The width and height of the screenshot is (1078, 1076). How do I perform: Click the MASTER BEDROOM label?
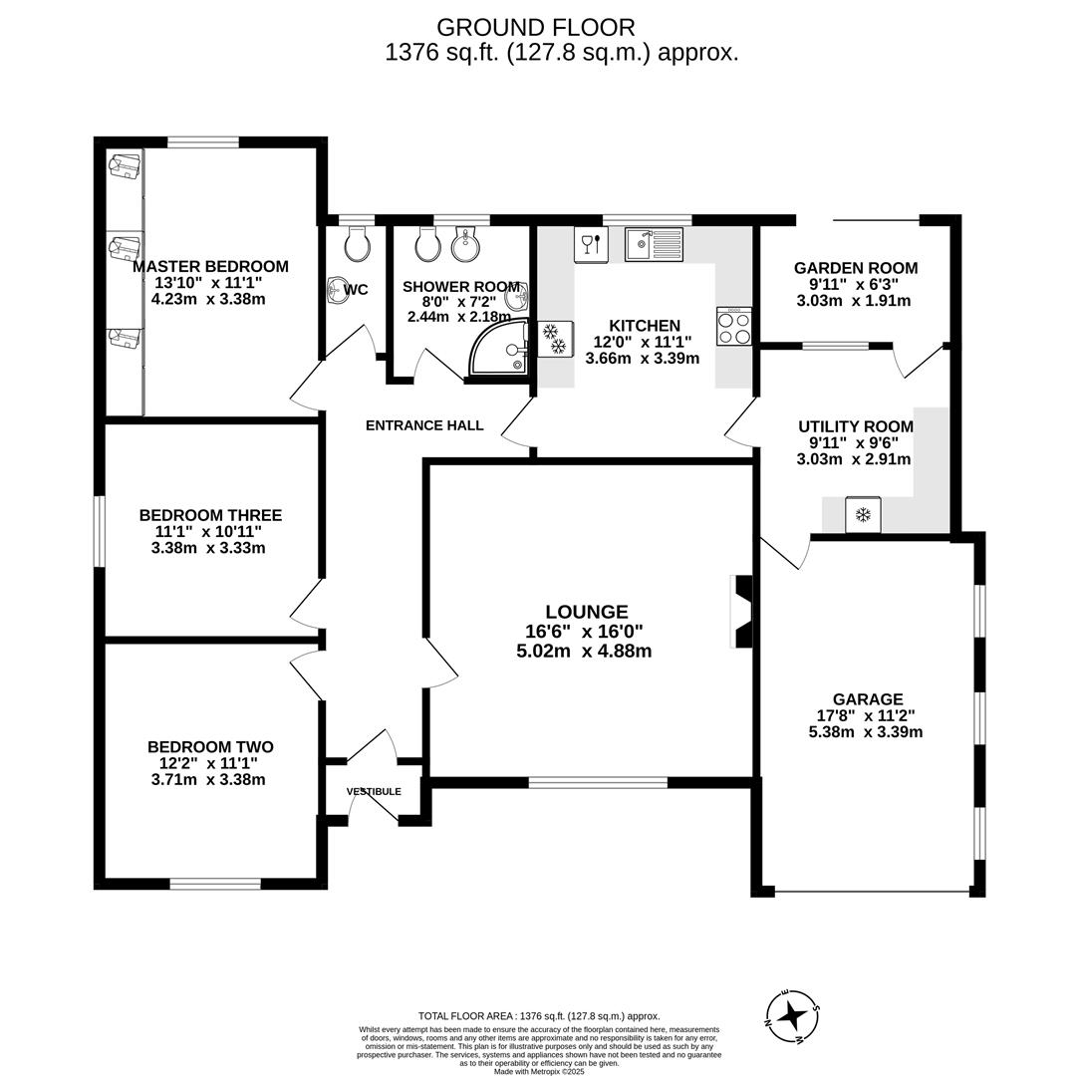[x=210, y=266]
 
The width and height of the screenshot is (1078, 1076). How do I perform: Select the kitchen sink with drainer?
[x=654, y=244]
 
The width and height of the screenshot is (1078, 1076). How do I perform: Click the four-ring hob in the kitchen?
[x=733, y=327]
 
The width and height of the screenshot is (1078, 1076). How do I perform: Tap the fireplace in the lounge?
[x=741, y=612]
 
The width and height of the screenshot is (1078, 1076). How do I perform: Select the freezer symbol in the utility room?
[x=863, y=514]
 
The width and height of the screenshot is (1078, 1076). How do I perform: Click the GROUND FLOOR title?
[x=535, y=27]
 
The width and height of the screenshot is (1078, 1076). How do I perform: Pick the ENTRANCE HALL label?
[x=424, y=425]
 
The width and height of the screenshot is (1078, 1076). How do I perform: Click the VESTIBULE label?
[x=374, y=792]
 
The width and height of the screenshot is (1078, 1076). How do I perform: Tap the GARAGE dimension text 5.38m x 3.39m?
[x=865, y=731]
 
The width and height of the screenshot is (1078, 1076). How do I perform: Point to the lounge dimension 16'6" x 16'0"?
[x=584, y=631]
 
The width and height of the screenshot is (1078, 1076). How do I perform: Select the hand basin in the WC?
[x=336, y=290]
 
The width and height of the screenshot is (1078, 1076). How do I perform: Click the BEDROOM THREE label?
[x=210, y=515]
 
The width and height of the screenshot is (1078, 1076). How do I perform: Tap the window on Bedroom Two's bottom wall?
[x=215, y=883]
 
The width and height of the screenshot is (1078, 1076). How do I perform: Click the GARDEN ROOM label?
[x=855, y=268]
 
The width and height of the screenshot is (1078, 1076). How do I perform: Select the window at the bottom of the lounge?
[x=598, y=782]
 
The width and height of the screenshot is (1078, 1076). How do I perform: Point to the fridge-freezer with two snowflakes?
[x=555, y=339]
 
